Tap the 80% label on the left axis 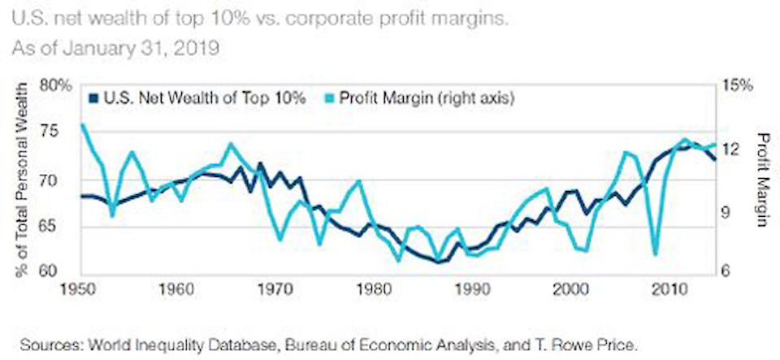pyautogui.click(x=58, y=85)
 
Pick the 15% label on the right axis pyautogui.click(x=738, y=85)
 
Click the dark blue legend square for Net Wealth pyautogui.click(x=93, y=98)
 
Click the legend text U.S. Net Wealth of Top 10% pyautogui.click(x=204, y=98)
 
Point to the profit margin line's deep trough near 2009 pyautogui.click(x=655, y=254)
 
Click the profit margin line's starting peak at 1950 pyautogui.click(x=82, y=125)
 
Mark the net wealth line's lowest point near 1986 pyautogui.click(x=439, y=262)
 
